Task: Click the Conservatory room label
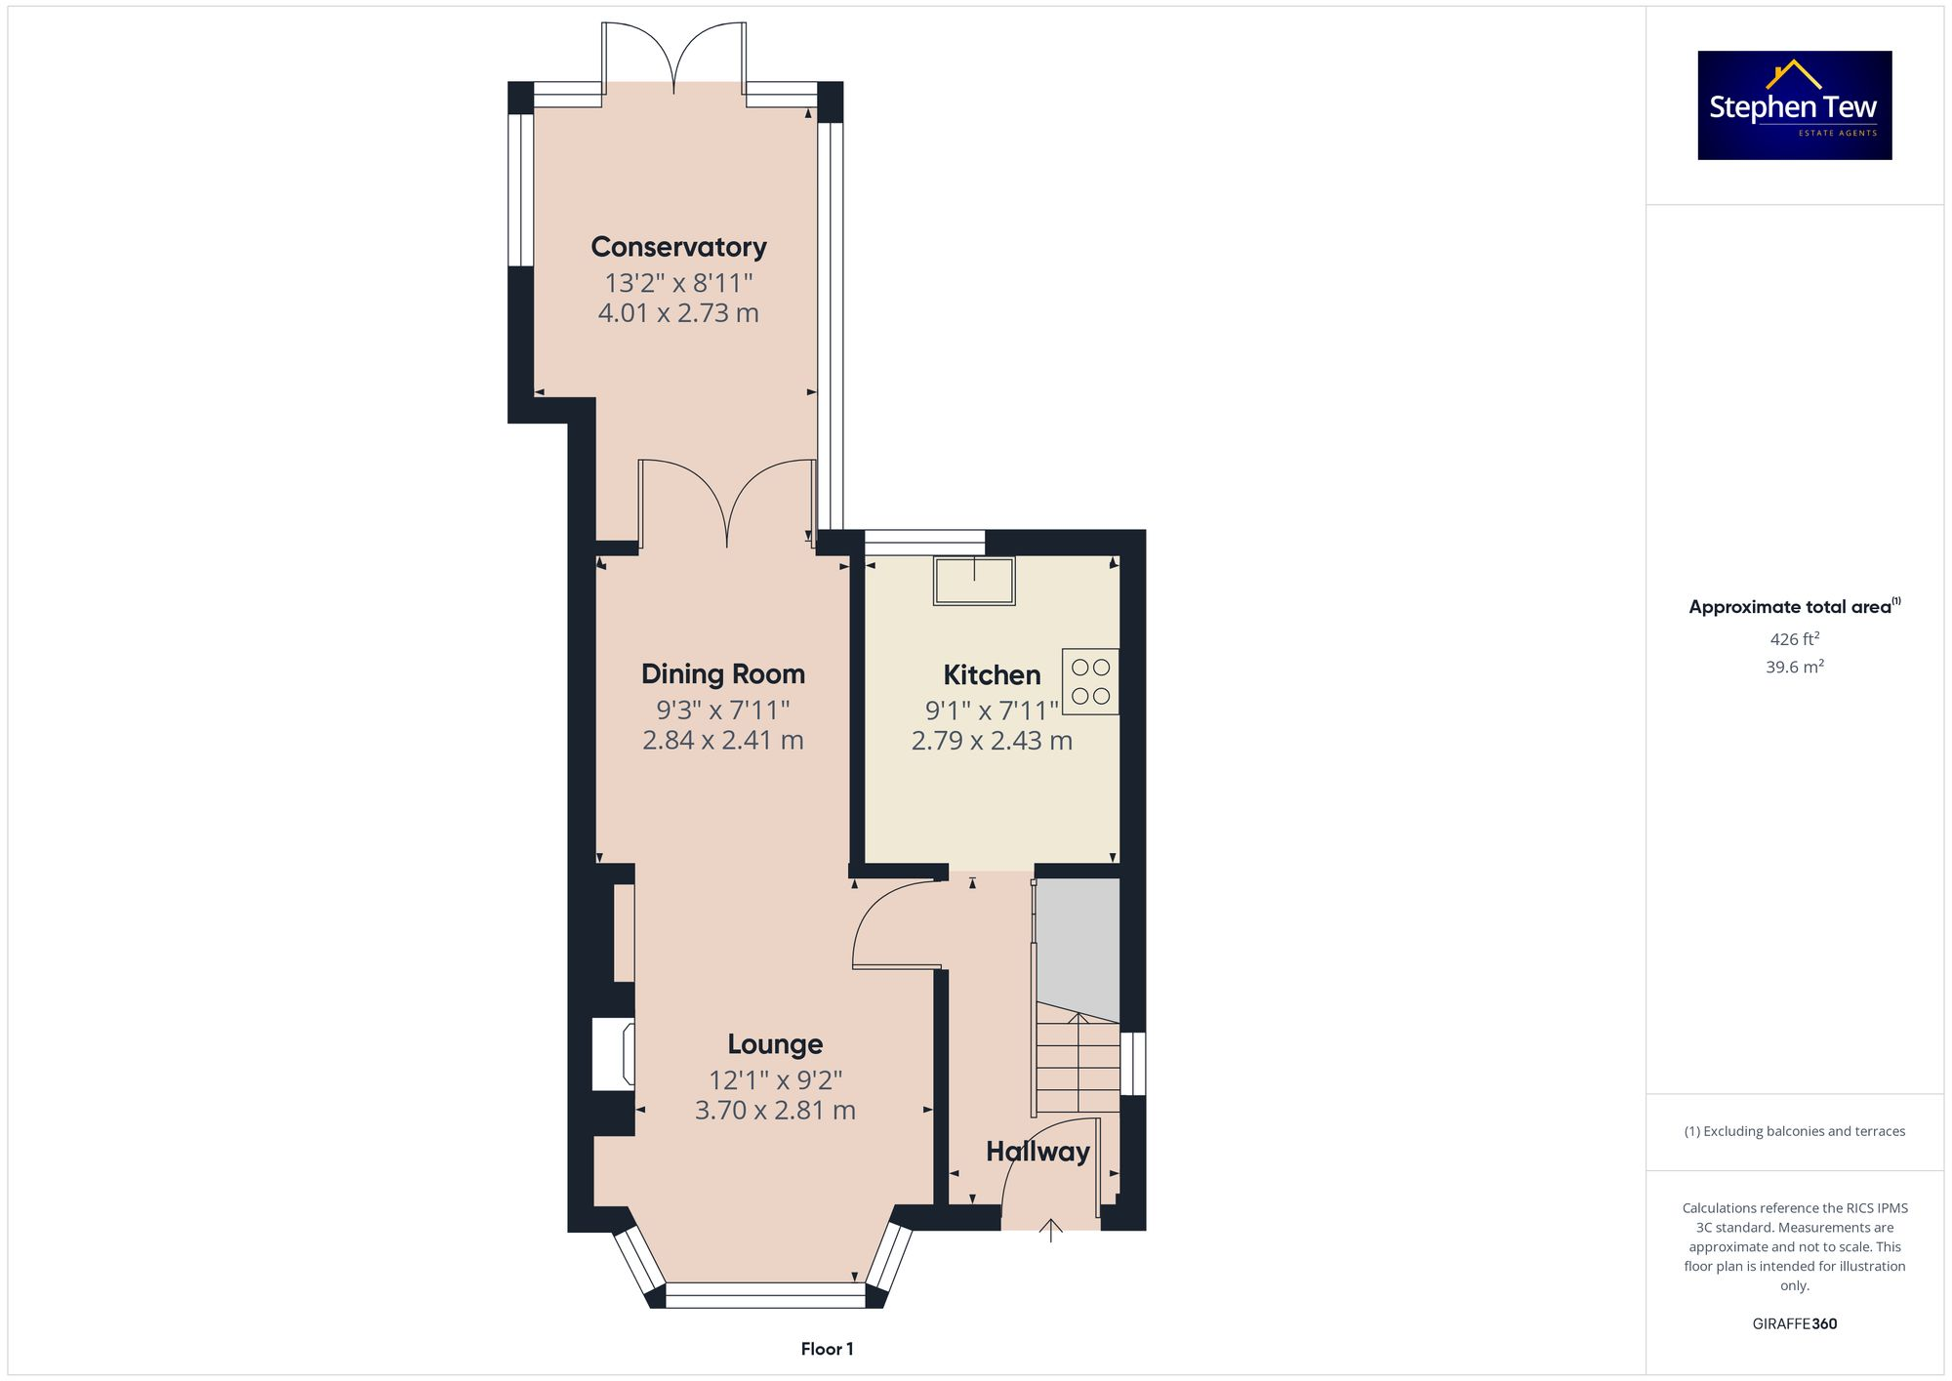[x=678, y=247]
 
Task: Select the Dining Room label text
[x=722, y=673]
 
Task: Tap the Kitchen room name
[x=992, y=674]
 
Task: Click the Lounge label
[x=775, y=1044]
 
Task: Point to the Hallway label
[x=1037, y=1152]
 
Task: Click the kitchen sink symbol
[x=974, y=581]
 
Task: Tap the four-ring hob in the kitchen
[x=1090, y=681]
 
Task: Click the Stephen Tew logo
[x=1794, y=105]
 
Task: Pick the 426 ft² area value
[x=1794, y=639]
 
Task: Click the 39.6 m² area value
[x=1794, y=667]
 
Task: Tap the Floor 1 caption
[x=827, y=1349]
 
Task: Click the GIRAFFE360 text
[x=1794, y=1323]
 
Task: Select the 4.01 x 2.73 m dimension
[x=678, y=313]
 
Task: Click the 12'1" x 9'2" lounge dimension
[x=775, y=1080]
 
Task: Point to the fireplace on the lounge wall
[x=614, y=1054]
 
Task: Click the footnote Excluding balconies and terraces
[x=1794, y=1131]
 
